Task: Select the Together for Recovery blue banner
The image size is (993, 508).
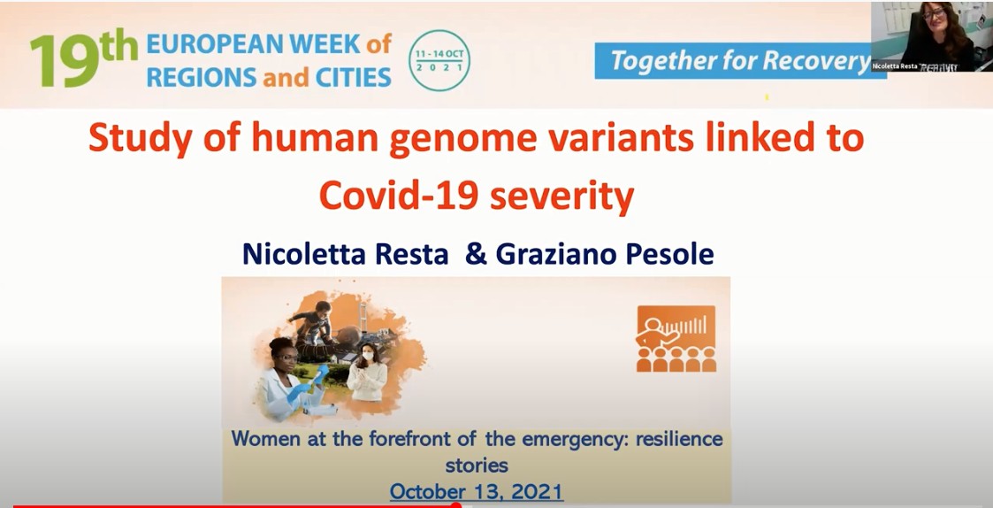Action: pyautogui.click(x=739, y=61)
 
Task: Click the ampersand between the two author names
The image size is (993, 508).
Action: pyautogui.click(x=476, y=254)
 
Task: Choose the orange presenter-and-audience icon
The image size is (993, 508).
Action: pyautogui.click(x=676, y=339)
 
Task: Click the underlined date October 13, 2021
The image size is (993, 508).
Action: pyautogui.click(x=476, y=491)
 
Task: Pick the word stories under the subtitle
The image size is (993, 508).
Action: pyautogui.click(x=477, y=465)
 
